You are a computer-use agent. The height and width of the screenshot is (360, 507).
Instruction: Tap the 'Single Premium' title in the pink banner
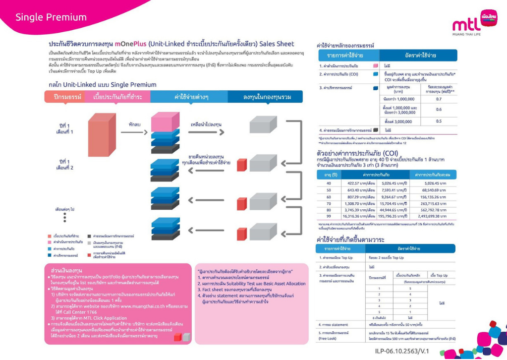(51, 17)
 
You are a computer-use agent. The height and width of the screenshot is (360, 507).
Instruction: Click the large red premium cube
(101, 134)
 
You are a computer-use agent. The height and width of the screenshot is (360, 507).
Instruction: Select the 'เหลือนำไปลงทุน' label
(206, 123)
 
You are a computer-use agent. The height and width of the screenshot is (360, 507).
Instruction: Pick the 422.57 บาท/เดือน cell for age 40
(360, 183)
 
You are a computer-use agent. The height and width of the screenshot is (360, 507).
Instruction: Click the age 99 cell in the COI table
(328, 216)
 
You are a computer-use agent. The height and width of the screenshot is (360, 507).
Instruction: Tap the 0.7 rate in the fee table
(439, 99)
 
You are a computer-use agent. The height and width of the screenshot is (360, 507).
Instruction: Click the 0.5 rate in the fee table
(439, 121)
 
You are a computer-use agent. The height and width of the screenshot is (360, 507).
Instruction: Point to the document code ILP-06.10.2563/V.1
(401, 351)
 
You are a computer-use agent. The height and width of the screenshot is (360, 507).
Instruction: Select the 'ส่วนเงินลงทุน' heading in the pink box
(63, 270)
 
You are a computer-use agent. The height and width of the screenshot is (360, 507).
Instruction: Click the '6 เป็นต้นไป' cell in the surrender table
(379, 317)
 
